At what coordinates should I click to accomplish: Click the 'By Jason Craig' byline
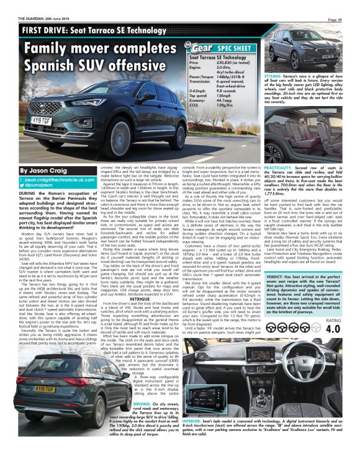click(x=43, y=169)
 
